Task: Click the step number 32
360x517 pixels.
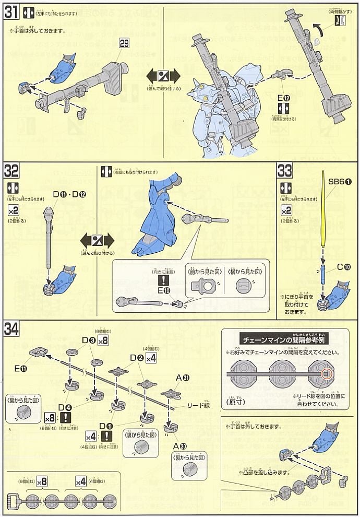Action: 11,171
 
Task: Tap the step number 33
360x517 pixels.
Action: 285,171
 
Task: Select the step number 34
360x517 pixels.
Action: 12,329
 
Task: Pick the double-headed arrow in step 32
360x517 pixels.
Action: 97,240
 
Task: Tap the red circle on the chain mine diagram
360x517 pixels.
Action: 326,373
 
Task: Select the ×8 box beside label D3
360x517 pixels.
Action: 102,340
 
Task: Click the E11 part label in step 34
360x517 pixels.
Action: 21,369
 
